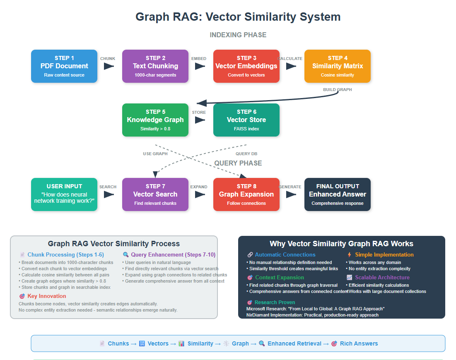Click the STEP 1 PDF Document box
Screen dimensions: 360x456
tap(64, 66)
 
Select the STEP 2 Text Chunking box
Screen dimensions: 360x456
tap(155, 66)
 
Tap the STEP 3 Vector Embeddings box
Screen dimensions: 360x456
tap(246, 66)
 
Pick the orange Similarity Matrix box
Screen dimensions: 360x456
tap(338, 66)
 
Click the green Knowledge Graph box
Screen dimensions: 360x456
tap(155, 120)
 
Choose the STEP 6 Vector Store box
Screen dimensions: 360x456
tap(246, 120)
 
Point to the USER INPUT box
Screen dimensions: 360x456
tap(64, 194)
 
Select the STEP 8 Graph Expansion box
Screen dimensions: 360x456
tap(246, 194)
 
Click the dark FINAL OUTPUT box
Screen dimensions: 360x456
tap(338, 194)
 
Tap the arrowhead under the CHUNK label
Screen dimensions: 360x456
tap(109, 66)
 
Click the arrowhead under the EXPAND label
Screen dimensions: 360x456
tap(200, 194)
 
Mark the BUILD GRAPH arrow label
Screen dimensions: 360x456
tap(338, 90)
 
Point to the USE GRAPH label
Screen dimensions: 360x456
tap(155, 154)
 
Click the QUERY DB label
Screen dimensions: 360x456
tap(246, 154)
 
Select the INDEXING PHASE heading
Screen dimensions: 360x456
tap(238, 35)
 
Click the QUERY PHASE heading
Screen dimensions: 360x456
tap(238, 163)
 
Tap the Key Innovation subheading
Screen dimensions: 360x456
tap(46, 296)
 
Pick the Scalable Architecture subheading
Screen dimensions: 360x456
tap(382, 278)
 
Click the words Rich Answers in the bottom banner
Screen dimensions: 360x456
tap(359, 343)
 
